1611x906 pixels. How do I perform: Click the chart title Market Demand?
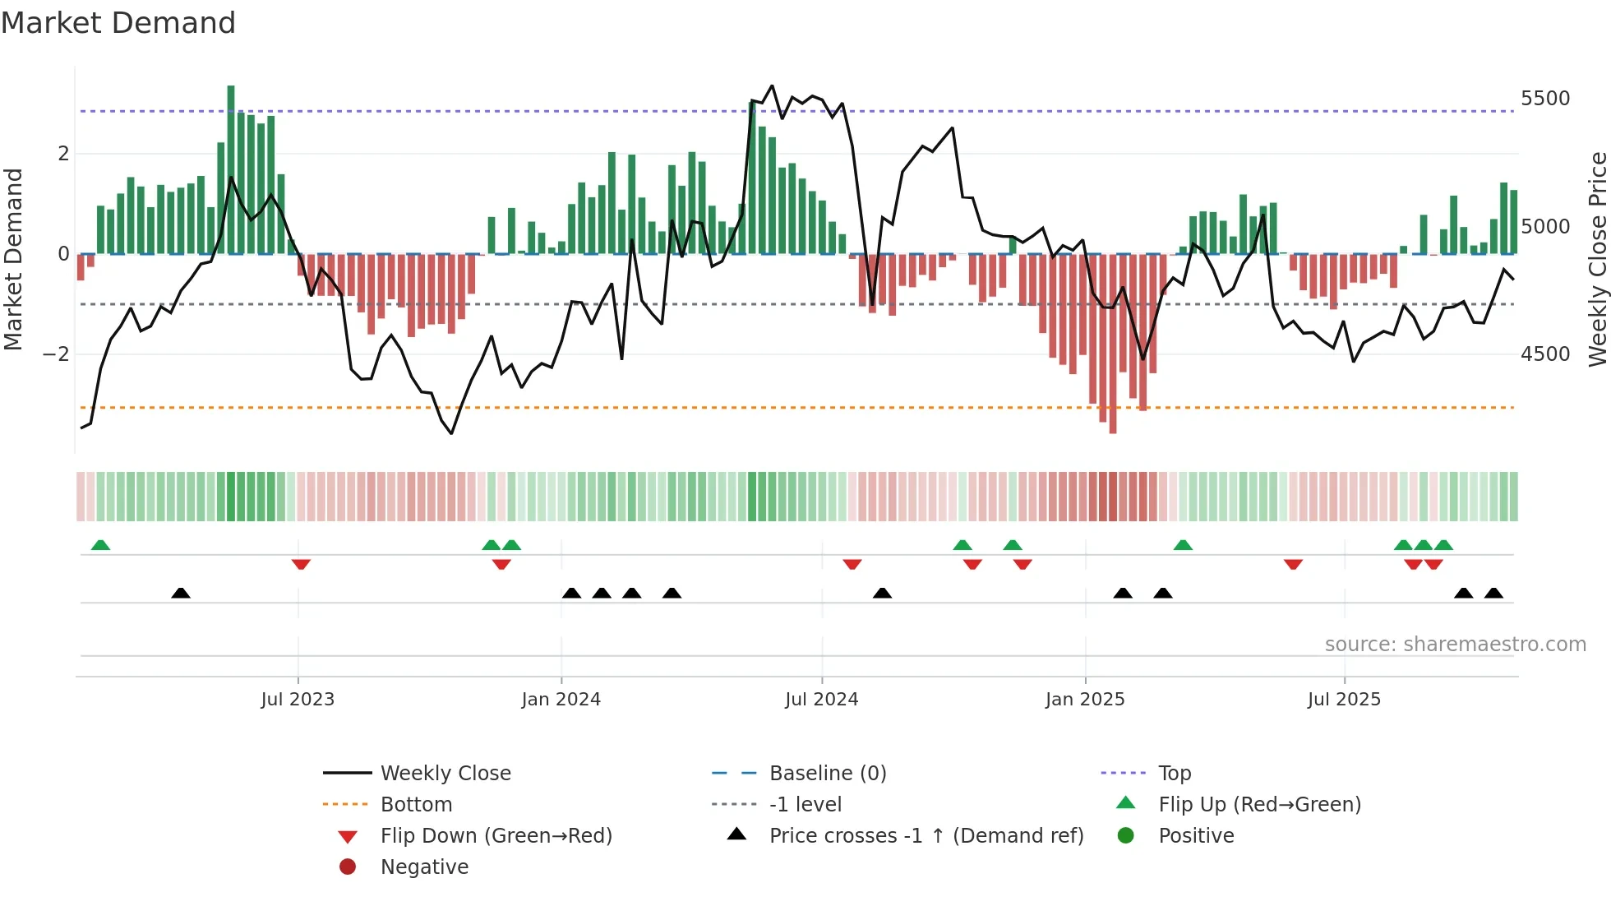tap(118, 22)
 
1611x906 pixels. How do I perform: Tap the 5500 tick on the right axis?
tap(1544, 99)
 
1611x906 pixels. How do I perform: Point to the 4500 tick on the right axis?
tap(1544, 354)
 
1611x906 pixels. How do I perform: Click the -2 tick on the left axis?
tap(56, 354)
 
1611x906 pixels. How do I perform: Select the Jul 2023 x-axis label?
tap(298, 700)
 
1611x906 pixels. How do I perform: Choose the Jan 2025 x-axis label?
tap(1084, 700)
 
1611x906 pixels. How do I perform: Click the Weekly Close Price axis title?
tap(1597, 259)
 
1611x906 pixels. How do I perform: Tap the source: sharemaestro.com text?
tap(1455, 645)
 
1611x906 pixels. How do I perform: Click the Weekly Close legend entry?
tap(445, 774)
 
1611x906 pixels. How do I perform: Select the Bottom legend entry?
tap(416, 805)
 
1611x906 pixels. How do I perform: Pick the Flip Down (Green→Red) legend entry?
tap(496, 836)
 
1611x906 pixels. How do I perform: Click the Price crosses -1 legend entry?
tap(926, 836)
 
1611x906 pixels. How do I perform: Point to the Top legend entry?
tap(1175, 774)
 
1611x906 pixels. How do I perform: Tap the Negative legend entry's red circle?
tap(348, 867)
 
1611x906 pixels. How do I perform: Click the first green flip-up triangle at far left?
tap(100, 545)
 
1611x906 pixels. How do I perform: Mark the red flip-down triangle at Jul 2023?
tap(301, 565)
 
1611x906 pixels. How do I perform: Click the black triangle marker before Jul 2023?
tap(181, 593)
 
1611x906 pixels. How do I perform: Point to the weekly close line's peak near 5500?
tap(772, 86)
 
